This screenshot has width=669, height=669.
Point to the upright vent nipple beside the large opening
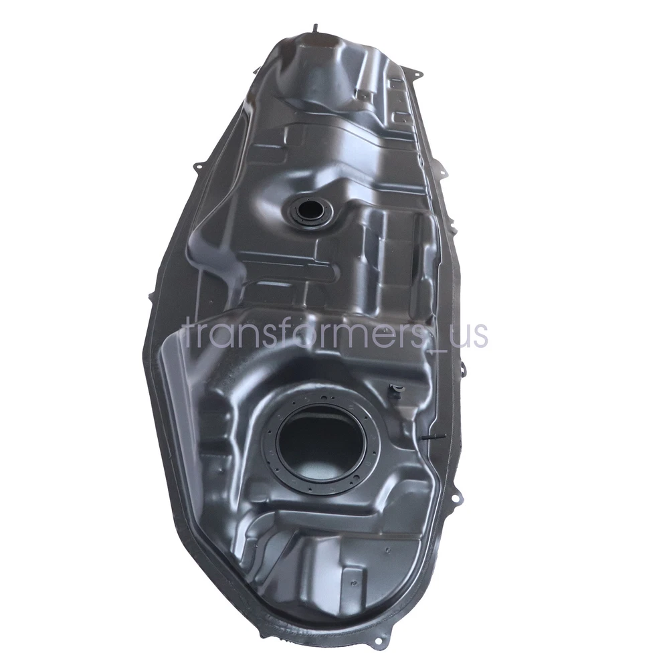[x=395, y=391]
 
